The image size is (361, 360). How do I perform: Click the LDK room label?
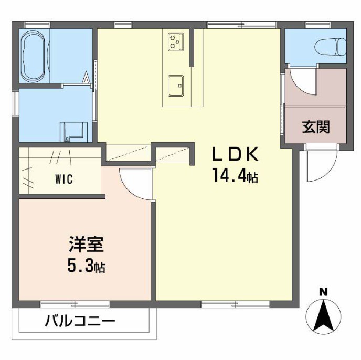(x=235, y=155)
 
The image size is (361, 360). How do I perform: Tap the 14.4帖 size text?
(x=235, y=176)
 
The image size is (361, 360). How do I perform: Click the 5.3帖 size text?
(x=86, y=267)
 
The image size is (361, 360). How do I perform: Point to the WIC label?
(x=63, y=178)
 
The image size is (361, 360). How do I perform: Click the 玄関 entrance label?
(x=315, y=126)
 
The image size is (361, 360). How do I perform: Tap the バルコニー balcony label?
(x=79, y=321)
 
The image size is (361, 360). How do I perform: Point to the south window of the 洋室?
(x=75, y=303)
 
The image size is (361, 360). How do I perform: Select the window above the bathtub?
(x=36, y=24)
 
